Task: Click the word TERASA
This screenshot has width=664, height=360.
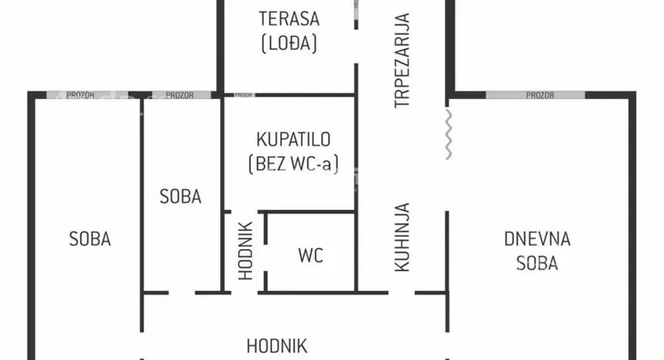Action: point(287,17)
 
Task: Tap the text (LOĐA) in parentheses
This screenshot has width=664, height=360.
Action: point(287,43)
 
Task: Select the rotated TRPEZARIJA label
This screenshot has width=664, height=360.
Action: point(402,60)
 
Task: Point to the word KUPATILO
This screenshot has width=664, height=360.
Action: point(292,140)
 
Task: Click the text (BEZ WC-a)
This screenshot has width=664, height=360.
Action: point(291,165)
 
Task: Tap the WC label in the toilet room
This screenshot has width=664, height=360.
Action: point(310,255)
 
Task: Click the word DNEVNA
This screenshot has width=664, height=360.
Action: point(537,239)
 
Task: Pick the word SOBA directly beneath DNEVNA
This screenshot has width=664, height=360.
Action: point(537,264)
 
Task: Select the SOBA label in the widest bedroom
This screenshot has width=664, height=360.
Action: point(89,239)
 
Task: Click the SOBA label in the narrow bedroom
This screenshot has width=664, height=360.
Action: point(180,195)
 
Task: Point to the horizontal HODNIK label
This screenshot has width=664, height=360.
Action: point(277,345)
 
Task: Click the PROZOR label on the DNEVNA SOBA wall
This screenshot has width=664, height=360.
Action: point(539,95)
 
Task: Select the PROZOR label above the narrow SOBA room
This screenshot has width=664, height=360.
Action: point(179,95)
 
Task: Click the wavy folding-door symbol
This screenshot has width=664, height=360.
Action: point(448,135)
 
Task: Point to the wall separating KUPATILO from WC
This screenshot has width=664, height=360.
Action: point(309,213)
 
